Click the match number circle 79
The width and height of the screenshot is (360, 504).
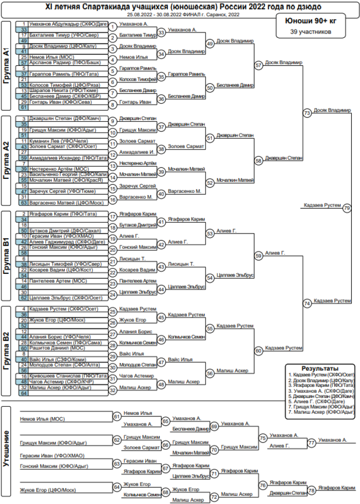[x=347, y=208]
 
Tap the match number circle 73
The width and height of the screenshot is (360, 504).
[x=307, y=113]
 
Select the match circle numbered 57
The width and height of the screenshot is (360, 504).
[x=259, y=65]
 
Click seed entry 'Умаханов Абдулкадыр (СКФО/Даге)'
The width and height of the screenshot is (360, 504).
[x=68, y=23]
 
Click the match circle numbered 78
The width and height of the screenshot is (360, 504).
[x=312, y=490]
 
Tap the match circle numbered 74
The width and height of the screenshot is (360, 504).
[x=307, y=303]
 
